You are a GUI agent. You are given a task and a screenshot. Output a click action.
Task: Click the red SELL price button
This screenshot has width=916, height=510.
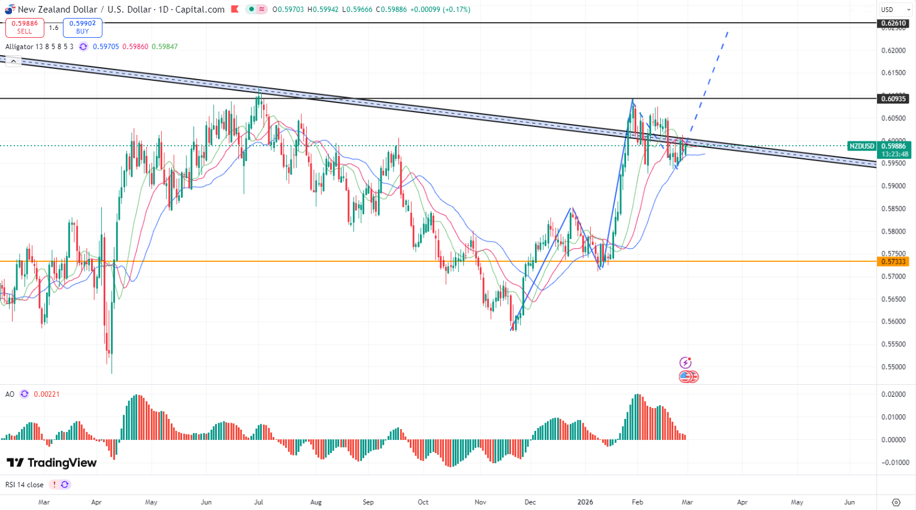click(x=25, y=28)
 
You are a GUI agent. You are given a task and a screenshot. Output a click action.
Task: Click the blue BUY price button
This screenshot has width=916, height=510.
click(x=83, y=28)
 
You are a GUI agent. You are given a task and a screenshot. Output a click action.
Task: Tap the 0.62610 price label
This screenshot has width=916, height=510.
click(x=893, y=23)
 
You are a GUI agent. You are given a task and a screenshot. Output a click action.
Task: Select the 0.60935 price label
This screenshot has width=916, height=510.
click(x=893, y=98)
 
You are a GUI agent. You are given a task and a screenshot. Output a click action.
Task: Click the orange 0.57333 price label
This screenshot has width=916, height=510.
click(x=893, y=261)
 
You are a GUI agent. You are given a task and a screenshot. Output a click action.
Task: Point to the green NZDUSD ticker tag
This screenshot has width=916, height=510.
click(x=862, y=146)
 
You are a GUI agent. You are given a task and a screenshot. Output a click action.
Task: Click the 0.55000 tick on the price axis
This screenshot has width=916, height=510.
click(x=893, y=367)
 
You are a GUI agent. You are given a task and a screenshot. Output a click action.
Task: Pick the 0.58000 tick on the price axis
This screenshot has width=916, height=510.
click(x=893, y=231)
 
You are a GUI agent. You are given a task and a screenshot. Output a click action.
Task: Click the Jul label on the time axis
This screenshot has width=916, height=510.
click(x=258, y=502)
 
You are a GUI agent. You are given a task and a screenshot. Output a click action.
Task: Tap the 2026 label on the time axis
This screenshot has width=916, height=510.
click(x=585, y=502)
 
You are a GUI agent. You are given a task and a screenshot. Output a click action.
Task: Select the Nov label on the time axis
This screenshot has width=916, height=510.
click(x=480, y=502)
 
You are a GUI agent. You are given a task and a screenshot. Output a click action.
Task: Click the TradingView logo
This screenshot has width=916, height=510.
click(x=52, y=463)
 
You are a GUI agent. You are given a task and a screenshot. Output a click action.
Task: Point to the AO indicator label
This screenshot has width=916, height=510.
click(x=10, y=394)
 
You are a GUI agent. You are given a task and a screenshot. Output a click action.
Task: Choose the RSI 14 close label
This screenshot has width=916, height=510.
click(x=25, y=485)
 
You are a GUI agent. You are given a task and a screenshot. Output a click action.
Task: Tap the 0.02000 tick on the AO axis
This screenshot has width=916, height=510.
click(x=893, y=394)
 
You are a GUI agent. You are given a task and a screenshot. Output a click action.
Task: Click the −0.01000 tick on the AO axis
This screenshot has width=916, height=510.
click(x=893, y=463)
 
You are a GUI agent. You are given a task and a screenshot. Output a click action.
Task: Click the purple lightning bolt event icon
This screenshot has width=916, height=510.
click(x=685, y=363)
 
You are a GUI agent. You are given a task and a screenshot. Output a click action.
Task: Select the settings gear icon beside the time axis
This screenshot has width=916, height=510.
click(x=896, y=502)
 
